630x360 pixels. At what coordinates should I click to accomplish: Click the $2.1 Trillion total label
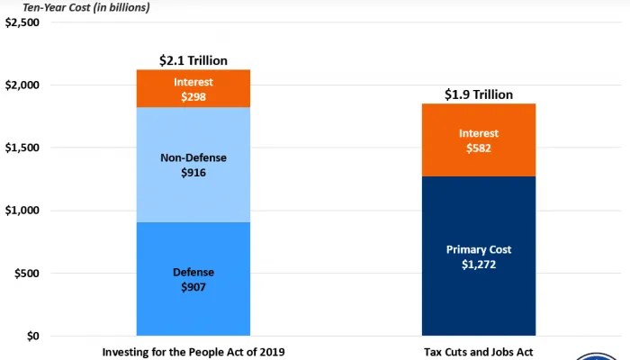click(193, 60)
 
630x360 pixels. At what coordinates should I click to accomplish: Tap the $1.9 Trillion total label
click(479, 94)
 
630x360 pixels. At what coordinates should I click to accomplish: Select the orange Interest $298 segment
click(193, 88)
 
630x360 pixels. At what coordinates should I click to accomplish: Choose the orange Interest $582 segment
click(479, 139)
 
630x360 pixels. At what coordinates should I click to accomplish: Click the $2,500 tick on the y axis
click(22, 22)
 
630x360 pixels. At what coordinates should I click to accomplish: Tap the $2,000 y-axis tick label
click(22, 85)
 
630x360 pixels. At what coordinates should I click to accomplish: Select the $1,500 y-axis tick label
click(22, 148)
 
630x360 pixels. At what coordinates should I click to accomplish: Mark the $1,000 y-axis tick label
click(22, 211)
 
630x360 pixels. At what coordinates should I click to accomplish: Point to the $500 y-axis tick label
click(27, 274)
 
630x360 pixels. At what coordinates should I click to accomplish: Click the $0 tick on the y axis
click(33, 337)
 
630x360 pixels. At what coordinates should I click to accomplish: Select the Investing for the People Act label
click(193, 352)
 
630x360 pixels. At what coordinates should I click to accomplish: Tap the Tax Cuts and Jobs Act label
click(479, 352)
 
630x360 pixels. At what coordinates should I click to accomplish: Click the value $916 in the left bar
click(193, 172)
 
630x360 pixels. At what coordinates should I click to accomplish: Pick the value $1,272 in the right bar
click(479, 266)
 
